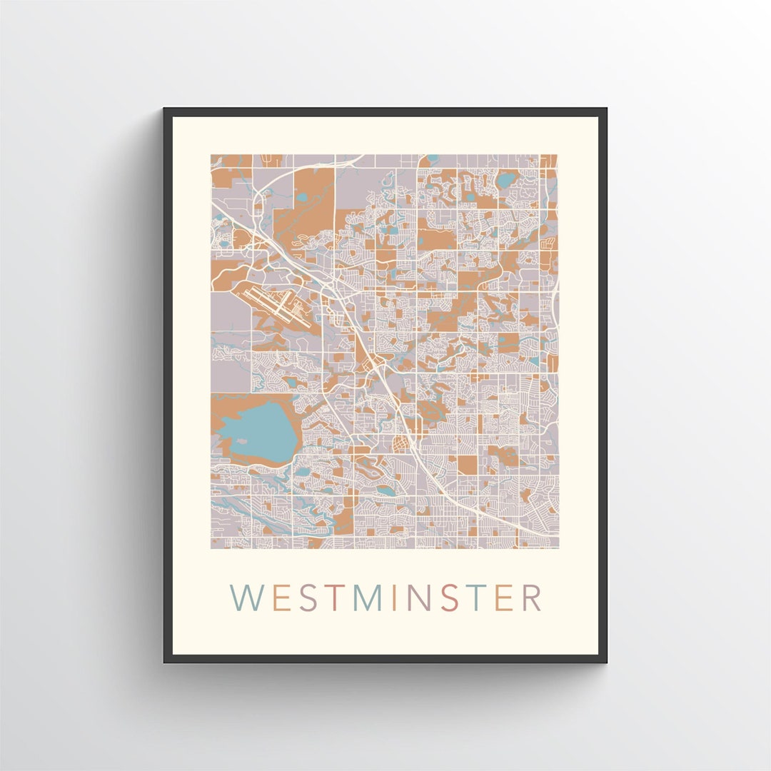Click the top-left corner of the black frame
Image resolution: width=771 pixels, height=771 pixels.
[165, 110]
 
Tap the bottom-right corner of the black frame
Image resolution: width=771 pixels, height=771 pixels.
[605, 661]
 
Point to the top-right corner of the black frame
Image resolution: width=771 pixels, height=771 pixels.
[605, 110]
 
